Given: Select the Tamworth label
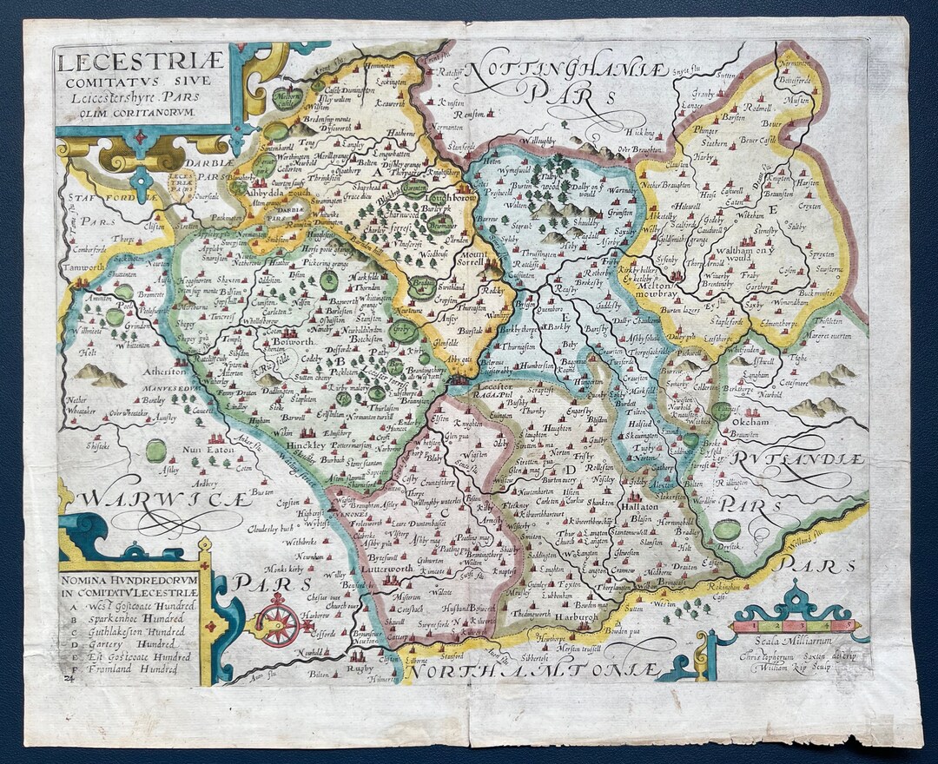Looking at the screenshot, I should click(85, 268).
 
